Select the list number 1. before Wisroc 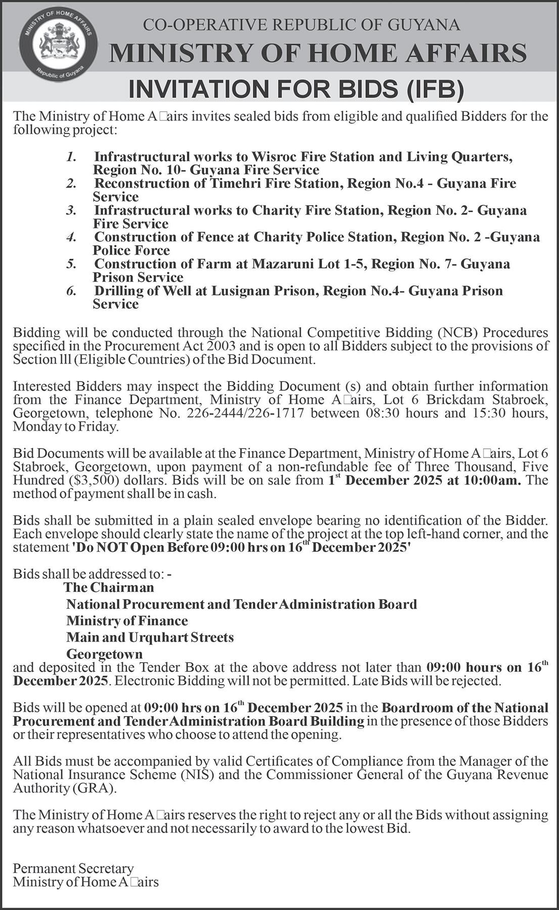coord(71,157)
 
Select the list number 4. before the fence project coord(71,237)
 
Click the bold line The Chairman coord(109,587)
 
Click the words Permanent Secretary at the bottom coord(73,868)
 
